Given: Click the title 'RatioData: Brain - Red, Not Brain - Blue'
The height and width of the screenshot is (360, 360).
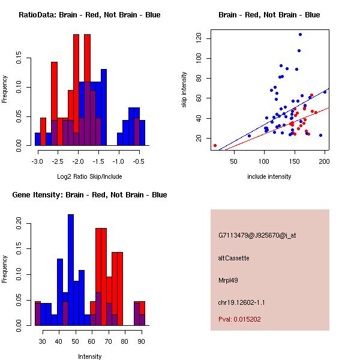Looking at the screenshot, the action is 89,15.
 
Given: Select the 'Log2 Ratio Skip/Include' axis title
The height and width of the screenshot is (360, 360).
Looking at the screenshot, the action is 89,176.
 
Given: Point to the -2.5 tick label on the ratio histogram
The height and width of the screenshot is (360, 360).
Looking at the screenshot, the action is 58,161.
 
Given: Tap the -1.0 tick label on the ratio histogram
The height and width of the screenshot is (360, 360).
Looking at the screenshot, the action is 118,161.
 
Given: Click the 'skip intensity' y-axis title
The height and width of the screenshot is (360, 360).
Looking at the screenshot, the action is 184,90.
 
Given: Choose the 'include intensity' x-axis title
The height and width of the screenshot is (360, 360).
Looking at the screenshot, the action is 269,176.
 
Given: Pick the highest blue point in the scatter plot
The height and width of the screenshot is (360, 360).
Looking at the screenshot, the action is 300,35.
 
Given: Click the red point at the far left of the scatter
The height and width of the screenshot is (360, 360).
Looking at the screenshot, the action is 215,146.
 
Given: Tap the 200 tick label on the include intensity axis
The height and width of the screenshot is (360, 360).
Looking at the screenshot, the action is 324,161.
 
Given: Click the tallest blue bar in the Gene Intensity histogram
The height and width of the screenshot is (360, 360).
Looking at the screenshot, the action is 71,270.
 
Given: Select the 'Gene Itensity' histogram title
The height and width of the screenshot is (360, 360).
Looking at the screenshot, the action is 89,195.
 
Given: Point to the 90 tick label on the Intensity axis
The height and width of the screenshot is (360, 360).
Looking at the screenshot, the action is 141,341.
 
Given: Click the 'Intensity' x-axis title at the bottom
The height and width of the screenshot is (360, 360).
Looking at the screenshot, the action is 90,356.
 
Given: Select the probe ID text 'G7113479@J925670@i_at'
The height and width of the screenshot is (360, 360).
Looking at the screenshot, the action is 257,236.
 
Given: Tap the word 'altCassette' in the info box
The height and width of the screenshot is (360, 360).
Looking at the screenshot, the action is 233,258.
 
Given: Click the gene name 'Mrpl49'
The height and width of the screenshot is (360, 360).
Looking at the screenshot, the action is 228,281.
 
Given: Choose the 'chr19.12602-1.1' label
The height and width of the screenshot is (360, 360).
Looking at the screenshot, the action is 241,302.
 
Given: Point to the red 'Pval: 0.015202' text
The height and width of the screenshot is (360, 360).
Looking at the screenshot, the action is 239,319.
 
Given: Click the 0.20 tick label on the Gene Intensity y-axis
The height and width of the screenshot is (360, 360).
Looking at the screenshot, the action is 19,223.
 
